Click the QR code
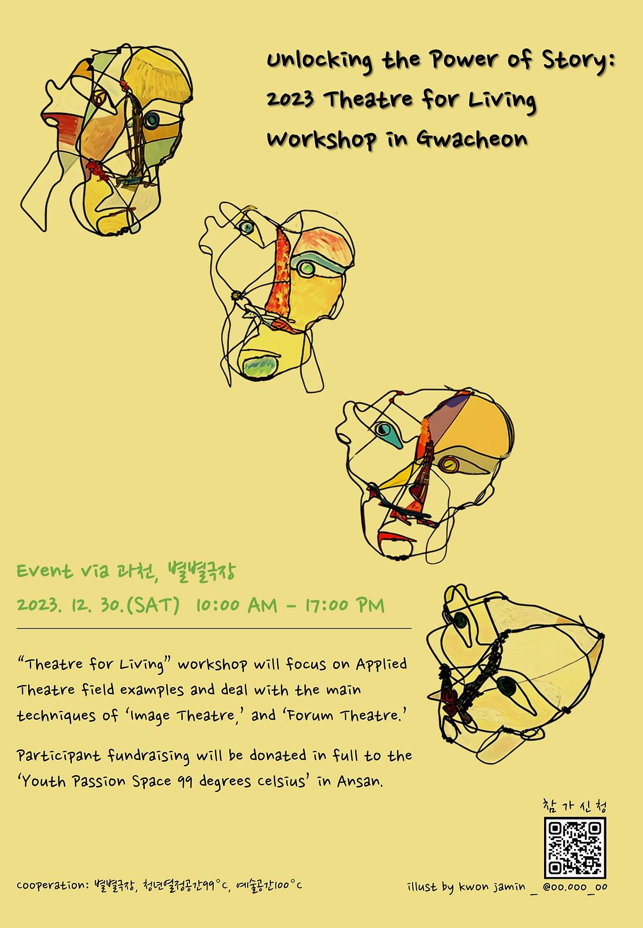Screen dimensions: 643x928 click(x=575, y=847)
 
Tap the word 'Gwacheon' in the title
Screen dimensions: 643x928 click(x=472, y=139)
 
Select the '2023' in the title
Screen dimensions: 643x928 click(x=290, y=99)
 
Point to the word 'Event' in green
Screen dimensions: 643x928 click(x=45, y=571)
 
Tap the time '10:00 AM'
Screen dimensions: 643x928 click(x=236, y=605)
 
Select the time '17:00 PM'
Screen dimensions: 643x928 click(x=345, y=605)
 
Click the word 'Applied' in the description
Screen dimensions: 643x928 click(x=382, y=664)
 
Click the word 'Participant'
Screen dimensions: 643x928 click(x=59, y=756)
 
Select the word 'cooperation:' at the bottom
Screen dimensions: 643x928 click(x=53, y=885)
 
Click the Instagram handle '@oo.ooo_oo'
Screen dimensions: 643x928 click(x=575, y=887)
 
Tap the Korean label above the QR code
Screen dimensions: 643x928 click(x=575, y=806)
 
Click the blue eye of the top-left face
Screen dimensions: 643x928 click(x=151, y=120)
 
